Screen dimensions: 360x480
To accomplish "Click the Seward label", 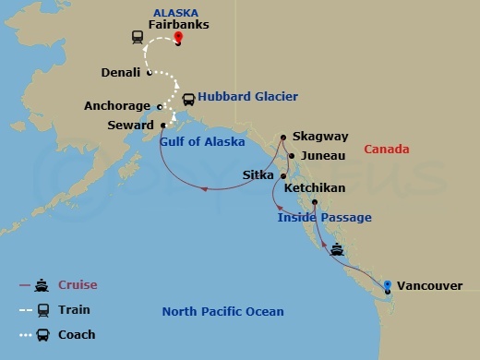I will (129, 125).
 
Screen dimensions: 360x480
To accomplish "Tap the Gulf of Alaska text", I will (202, 142).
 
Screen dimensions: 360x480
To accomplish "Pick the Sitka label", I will (257, 174).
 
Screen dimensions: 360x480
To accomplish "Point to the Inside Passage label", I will (324, 218).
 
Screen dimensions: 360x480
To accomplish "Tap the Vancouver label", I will (430, 286).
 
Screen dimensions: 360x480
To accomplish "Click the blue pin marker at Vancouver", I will (388, 284).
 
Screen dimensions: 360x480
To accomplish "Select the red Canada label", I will (387, 149).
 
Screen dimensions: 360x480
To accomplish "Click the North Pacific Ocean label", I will (222, 312).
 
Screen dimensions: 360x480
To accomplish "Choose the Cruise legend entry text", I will (78, 284).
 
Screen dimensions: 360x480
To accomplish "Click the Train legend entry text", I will (74, 309).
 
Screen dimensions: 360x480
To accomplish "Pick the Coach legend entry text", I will (77, 334).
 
